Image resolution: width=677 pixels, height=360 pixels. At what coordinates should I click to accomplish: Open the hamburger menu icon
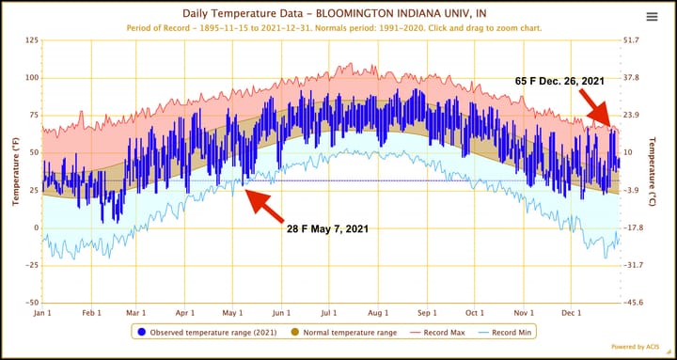[652, 17]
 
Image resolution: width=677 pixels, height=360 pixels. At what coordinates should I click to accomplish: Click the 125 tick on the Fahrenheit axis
[30, 40]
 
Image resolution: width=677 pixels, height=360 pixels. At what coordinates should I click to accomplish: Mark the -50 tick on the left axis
[30, 303]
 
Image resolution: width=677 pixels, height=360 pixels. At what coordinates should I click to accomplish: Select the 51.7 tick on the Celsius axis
[631, 40]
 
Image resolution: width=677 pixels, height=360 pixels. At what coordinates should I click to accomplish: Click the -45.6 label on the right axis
[633, 303]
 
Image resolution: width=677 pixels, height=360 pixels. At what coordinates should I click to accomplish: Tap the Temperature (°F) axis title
[14, 171]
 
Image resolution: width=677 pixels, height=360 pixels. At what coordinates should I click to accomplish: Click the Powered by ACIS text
[638, 346]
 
